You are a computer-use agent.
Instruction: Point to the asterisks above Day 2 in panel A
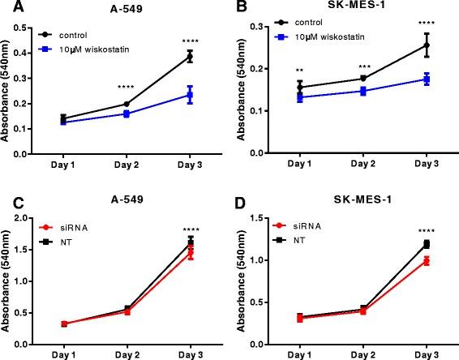[126, 88]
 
